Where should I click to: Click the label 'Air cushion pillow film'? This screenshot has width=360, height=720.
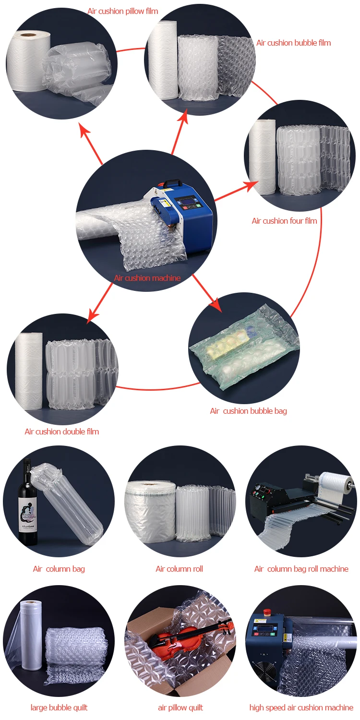[x=122, y=11]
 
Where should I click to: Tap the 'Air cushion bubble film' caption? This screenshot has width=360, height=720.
[x=293, y=43]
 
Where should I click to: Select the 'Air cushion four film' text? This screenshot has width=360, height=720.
[x=284, y=221]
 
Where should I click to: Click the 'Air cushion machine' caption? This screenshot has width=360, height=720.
[x=147, y=278]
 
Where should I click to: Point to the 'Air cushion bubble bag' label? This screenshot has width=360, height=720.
[x=248, y=411]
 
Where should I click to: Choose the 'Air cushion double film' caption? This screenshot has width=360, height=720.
[x=62, y=432]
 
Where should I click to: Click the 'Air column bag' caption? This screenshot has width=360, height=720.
[x=59, y=569]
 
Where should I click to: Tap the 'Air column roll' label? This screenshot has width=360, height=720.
[x=179, y=569]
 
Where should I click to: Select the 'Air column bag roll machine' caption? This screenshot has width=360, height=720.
[x=301, y=569]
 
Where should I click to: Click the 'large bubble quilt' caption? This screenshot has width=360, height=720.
[x=59, y=708]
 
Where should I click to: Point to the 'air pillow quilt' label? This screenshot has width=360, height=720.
[x=180, y=708]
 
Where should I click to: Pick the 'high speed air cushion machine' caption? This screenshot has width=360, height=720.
[x=301, y=708]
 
